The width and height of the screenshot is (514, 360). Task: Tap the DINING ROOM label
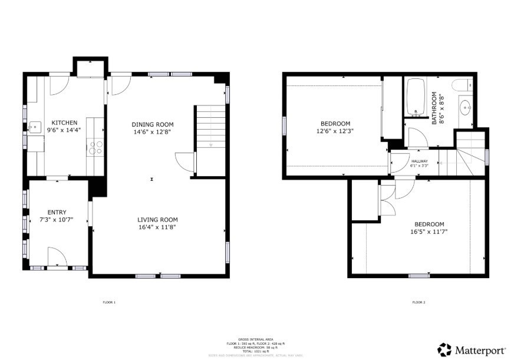[152, 124]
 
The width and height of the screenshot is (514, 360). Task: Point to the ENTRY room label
[57, 213]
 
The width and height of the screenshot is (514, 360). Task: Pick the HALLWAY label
[419, 161]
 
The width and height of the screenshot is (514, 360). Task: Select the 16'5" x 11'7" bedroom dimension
[429, 232]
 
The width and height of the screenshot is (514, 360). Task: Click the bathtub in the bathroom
[416, 98]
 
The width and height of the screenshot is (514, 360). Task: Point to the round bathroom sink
[466, 107]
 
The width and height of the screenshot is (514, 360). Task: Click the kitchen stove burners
[95, 147]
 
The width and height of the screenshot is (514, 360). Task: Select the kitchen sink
[35, 127]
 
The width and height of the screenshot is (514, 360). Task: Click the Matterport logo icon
[444, 349]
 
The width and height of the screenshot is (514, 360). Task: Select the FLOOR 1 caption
[109, 303]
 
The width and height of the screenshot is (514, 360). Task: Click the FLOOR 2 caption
[419, 303]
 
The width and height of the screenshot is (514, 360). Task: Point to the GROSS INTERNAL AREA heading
[256, 339]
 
